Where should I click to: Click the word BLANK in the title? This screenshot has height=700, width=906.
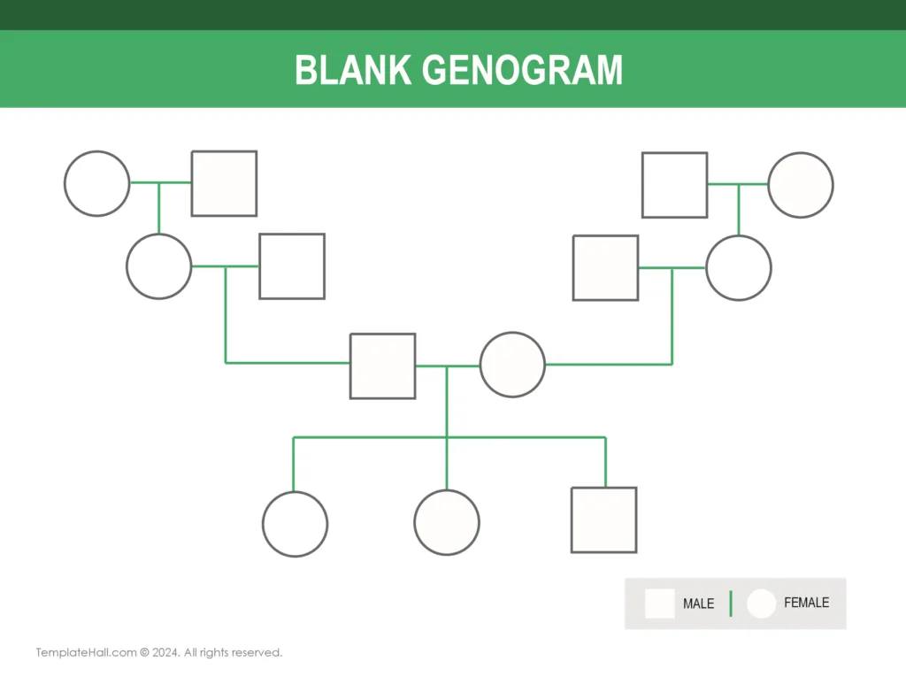352,71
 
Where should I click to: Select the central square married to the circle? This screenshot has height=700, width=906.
382,365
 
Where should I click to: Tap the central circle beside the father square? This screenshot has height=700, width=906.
512,365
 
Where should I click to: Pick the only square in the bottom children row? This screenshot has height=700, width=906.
603,520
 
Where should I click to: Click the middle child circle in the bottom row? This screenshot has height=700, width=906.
447,522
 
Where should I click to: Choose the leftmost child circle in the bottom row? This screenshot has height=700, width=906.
295,524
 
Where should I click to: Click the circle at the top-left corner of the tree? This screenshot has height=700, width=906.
96,183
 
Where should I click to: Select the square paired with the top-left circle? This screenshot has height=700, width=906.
224,183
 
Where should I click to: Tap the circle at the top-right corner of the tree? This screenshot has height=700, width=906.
800,185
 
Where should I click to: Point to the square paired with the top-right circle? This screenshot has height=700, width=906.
674,185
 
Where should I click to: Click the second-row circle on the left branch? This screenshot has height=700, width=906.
158,265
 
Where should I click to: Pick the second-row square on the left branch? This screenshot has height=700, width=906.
291,265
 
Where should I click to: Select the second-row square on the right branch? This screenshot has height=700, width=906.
605,267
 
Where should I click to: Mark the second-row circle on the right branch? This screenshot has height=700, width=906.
738,267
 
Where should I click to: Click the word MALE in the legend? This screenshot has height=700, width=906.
698,604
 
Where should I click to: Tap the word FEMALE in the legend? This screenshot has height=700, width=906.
806,603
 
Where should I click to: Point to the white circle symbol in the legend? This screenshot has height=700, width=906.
761,604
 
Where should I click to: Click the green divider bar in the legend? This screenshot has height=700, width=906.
731,604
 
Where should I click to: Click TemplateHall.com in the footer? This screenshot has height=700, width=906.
85,652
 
